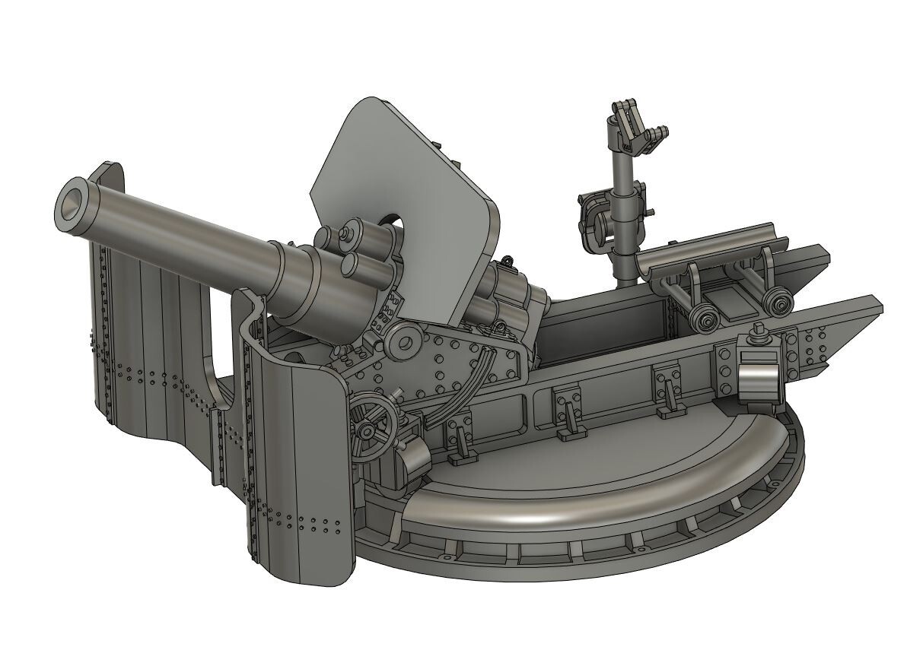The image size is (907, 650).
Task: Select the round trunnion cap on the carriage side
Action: pos(402,342)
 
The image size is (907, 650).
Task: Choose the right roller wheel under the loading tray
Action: pos(777,303)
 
